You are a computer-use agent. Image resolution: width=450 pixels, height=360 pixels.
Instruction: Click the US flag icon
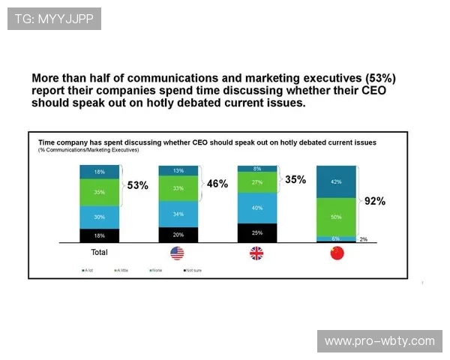click(x=177, y=253)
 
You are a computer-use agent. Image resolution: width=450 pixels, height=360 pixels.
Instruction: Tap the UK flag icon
click(x=256, y=253)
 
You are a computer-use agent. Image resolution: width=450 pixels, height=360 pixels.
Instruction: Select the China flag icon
click(x=336, y=253)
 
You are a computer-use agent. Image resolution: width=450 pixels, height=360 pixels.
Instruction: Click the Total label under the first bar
click(x=99, y=253)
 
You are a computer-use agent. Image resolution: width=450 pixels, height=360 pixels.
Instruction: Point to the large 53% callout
click(x=138, y=185)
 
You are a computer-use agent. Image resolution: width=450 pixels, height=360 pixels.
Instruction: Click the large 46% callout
click(x=217, y=184)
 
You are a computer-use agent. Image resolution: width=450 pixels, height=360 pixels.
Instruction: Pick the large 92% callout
click(x=374, y=201)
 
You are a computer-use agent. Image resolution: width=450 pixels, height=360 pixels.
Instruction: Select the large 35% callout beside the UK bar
click(x=296, y=179)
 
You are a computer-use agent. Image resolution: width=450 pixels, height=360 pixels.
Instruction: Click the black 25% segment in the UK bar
click(x=256, y=232)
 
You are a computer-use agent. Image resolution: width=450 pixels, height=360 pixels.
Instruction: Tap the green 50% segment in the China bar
click(x=336, y=217)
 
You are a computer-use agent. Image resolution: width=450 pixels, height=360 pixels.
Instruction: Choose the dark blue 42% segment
click(x=336, y=181)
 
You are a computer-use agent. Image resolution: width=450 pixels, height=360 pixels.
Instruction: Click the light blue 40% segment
click(x=256, y=208)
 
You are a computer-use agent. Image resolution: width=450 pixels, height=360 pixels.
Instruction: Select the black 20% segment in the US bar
click(x=177, y=234)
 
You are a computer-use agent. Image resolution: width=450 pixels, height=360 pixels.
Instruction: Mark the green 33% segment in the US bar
click(x=177, y=189)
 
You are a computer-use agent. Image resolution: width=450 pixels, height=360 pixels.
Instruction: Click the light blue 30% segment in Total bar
click(x=99, y=217)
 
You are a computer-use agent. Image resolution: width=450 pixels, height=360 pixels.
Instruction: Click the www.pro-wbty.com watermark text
click(x=379, y=341)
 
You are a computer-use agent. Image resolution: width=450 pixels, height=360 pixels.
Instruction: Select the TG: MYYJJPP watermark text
click(x=54, y=18)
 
